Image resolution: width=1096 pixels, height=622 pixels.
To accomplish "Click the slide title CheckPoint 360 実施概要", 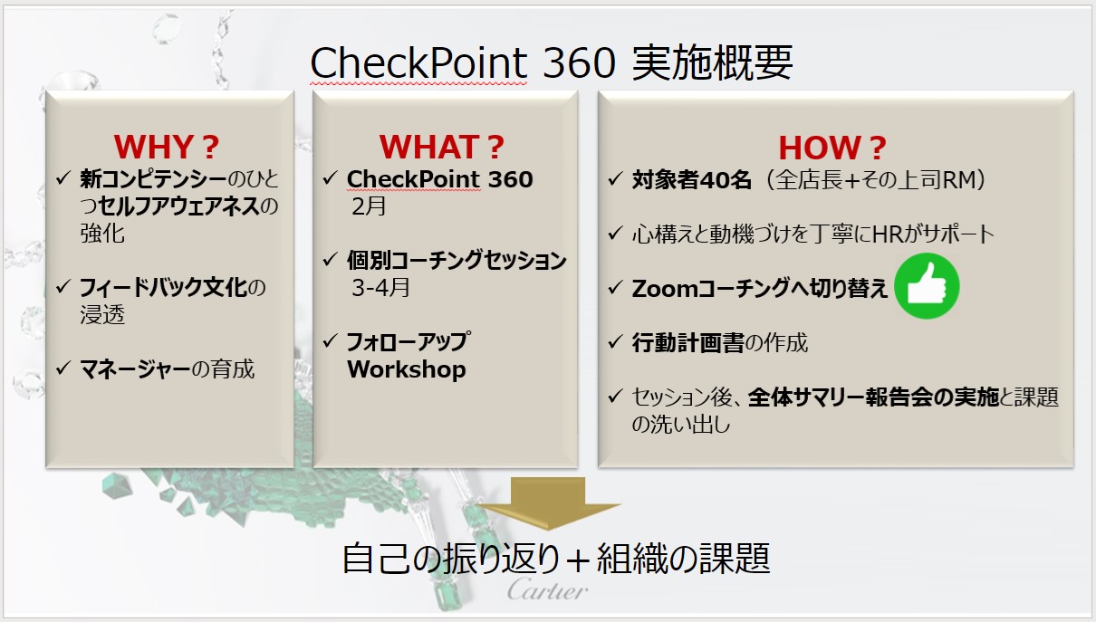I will [552, 63].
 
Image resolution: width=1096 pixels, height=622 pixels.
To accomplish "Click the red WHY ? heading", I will [167, 147].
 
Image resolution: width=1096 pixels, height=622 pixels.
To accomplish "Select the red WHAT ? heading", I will [441, 147].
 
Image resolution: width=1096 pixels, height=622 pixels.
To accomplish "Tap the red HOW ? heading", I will [832, 148].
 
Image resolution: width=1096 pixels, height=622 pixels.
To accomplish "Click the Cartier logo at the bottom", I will [547, 590].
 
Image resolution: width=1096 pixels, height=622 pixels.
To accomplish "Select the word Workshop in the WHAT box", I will [407, 369].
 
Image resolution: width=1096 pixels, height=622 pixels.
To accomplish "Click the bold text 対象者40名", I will [692, 179].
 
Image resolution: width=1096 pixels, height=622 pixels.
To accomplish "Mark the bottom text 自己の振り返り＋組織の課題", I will [556, 558].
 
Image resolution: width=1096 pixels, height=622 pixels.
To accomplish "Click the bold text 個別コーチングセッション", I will [457, 261].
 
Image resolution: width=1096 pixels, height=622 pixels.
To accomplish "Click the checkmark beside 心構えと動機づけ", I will [614, 234].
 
